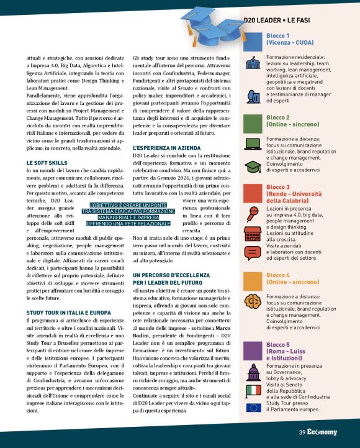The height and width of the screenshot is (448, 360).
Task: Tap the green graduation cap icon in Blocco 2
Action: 253,167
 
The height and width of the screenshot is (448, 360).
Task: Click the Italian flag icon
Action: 253,390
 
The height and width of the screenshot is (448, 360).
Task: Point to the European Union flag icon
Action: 253,408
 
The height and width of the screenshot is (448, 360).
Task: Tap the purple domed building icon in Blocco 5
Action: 253,372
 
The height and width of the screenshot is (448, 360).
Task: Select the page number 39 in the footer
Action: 301,432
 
